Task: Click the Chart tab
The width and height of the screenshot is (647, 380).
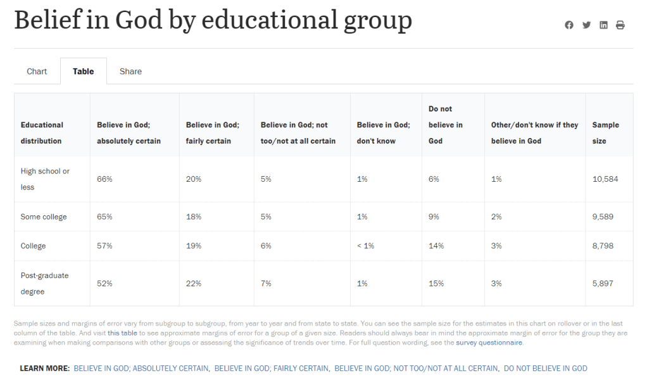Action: click(37, 72)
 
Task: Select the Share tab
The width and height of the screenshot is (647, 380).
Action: click(130, 72)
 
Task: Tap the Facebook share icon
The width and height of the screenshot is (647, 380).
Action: click(569, 25)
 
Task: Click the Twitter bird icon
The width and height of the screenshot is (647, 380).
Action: click(586, 25)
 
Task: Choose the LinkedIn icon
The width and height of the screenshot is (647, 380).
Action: click(603, 25)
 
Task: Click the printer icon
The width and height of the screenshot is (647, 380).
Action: click(620, 25)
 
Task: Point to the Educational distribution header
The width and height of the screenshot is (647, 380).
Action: click(42, 133)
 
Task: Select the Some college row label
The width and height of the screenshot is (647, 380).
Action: click(44, 217)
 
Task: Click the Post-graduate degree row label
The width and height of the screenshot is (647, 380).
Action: click(44, 284)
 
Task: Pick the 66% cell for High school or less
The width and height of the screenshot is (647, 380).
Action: click(104, 179)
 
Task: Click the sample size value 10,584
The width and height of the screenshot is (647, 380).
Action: click(605, 179)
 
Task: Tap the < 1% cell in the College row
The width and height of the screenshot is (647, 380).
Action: click(365, 246)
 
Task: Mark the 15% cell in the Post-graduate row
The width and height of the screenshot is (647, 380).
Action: click(436, 284)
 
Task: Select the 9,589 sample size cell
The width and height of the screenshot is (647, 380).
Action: click(603, 217)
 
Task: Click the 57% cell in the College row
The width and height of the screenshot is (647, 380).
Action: click(104, 246)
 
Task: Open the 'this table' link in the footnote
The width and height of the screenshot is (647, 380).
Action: click(122, 332)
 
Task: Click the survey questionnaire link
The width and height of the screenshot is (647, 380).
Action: click(489, 343)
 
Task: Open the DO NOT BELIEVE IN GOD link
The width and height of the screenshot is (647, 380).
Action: click(545, 369)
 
